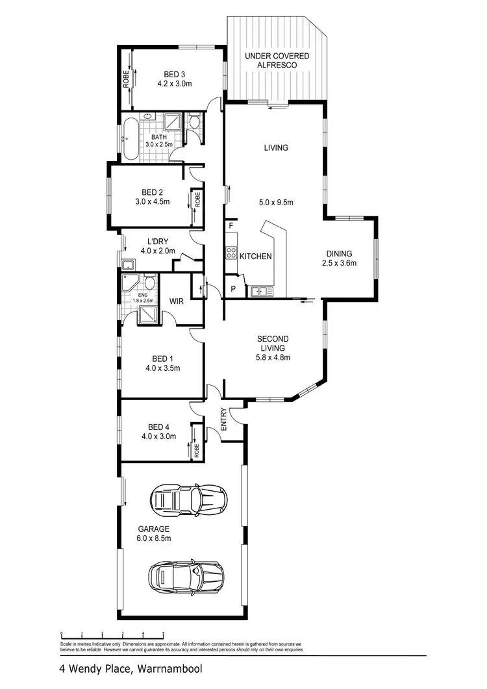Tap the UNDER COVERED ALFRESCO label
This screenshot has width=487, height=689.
click(x=277, y=61)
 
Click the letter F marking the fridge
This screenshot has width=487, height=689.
click(x=231, y=225)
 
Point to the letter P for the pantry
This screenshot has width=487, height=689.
click(x=232, y=289)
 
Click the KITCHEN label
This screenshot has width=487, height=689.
click(x=256, y=257)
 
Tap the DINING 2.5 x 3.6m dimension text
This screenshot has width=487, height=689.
click(x=339, y=263)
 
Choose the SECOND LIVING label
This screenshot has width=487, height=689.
click(x=273, y=343)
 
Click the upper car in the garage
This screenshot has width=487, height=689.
click(x=189, y=499)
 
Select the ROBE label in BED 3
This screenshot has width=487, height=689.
click(x=127, y=79)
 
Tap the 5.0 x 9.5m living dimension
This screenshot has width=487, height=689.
click(x=276, y=203)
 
